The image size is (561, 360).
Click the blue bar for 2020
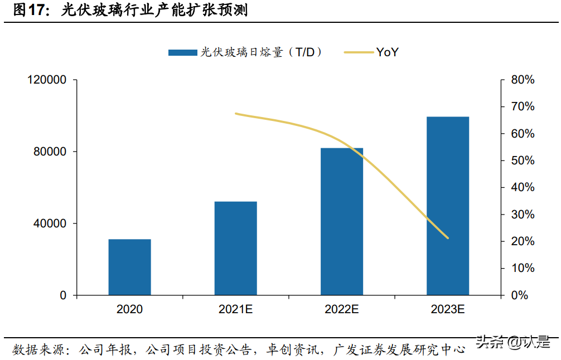pyautogui.click(x=129, y=267)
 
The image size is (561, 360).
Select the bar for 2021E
pyautogui.click(x=235, y=248)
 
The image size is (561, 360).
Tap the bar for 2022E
pyautogui.click(x=341, y=221)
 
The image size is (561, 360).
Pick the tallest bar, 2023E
pyautogui.click(x=448, y=206)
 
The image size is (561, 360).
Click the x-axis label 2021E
pyautogui.click(x=235, y=309)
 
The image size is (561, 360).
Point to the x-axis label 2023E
pyautogui.click(x=448, y=309)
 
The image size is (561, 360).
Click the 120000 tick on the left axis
pyautogui.click(x=47, y=80)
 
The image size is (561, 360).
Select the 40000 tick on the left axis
pyautogui.click(x=50, y=223)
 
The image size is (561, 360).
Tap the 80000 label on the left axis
pyautogui.click(x=50, y=152)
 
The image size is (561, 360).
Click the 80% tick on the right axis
pyautogui.click(x=523, y=80)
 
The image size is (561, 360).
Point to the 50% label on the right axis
pyautogui.click(x=523, y=161)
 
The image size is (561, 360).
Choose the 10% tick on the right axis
pyautogui.click(x=523, y=269)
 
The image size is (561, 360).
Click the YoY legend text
pyautogui.click(x=387, y=52)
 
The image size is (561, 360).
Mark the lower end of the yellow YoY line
pyautogui.click(x=448, y=238)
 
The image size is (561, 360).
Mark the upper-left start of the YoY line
pyautogui.click(x=236, y=114)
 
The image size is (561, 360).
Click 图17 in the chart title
pyautogui.click(x=29, y=11)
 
